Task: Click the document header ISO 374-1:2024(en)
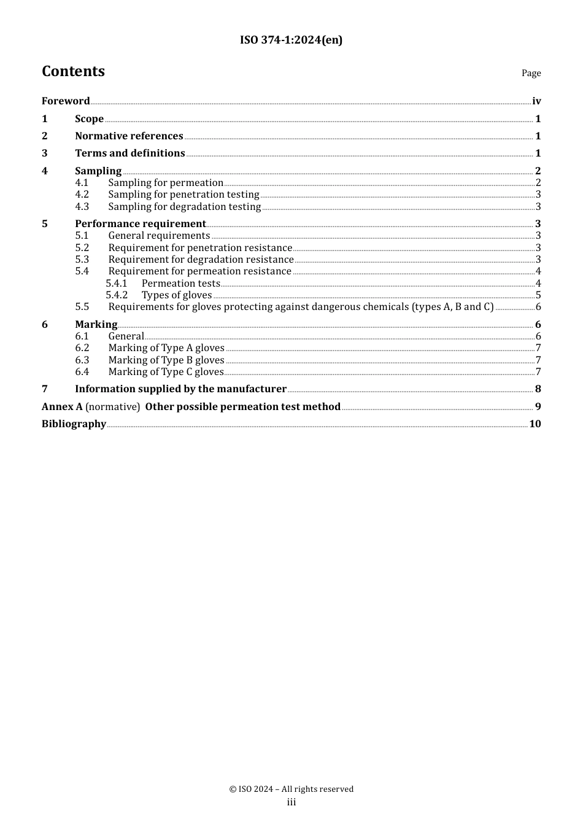coord(291,40)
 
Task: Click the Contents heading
coord(73,71)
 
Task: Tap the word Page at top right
coord(531,73)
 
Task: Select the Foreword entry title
coord(66,101)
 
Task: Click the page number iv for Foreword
coord(536,101)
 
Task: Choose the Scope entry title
coord(89,118)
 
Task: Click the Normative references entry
coord(129,136)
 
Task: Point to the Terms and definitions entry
coord(129,153)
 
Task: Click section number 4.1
coord(82,183)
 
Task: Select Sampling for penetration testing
coord(183,195)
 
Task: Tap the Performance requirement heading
coord(140,224)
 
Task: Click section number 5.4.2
coord(117,295)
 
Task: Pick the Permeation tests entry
coord(180,284)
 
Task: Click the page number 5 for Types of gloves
coord(538,295)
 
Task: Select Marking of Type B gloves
coord(166,360)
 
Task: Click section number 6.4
coord(82,372)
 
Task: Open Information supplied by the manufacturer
coord(180,389)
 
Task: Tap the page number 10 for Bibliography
coord(535,424)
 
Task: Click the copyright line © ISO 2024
coord(291,789)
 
